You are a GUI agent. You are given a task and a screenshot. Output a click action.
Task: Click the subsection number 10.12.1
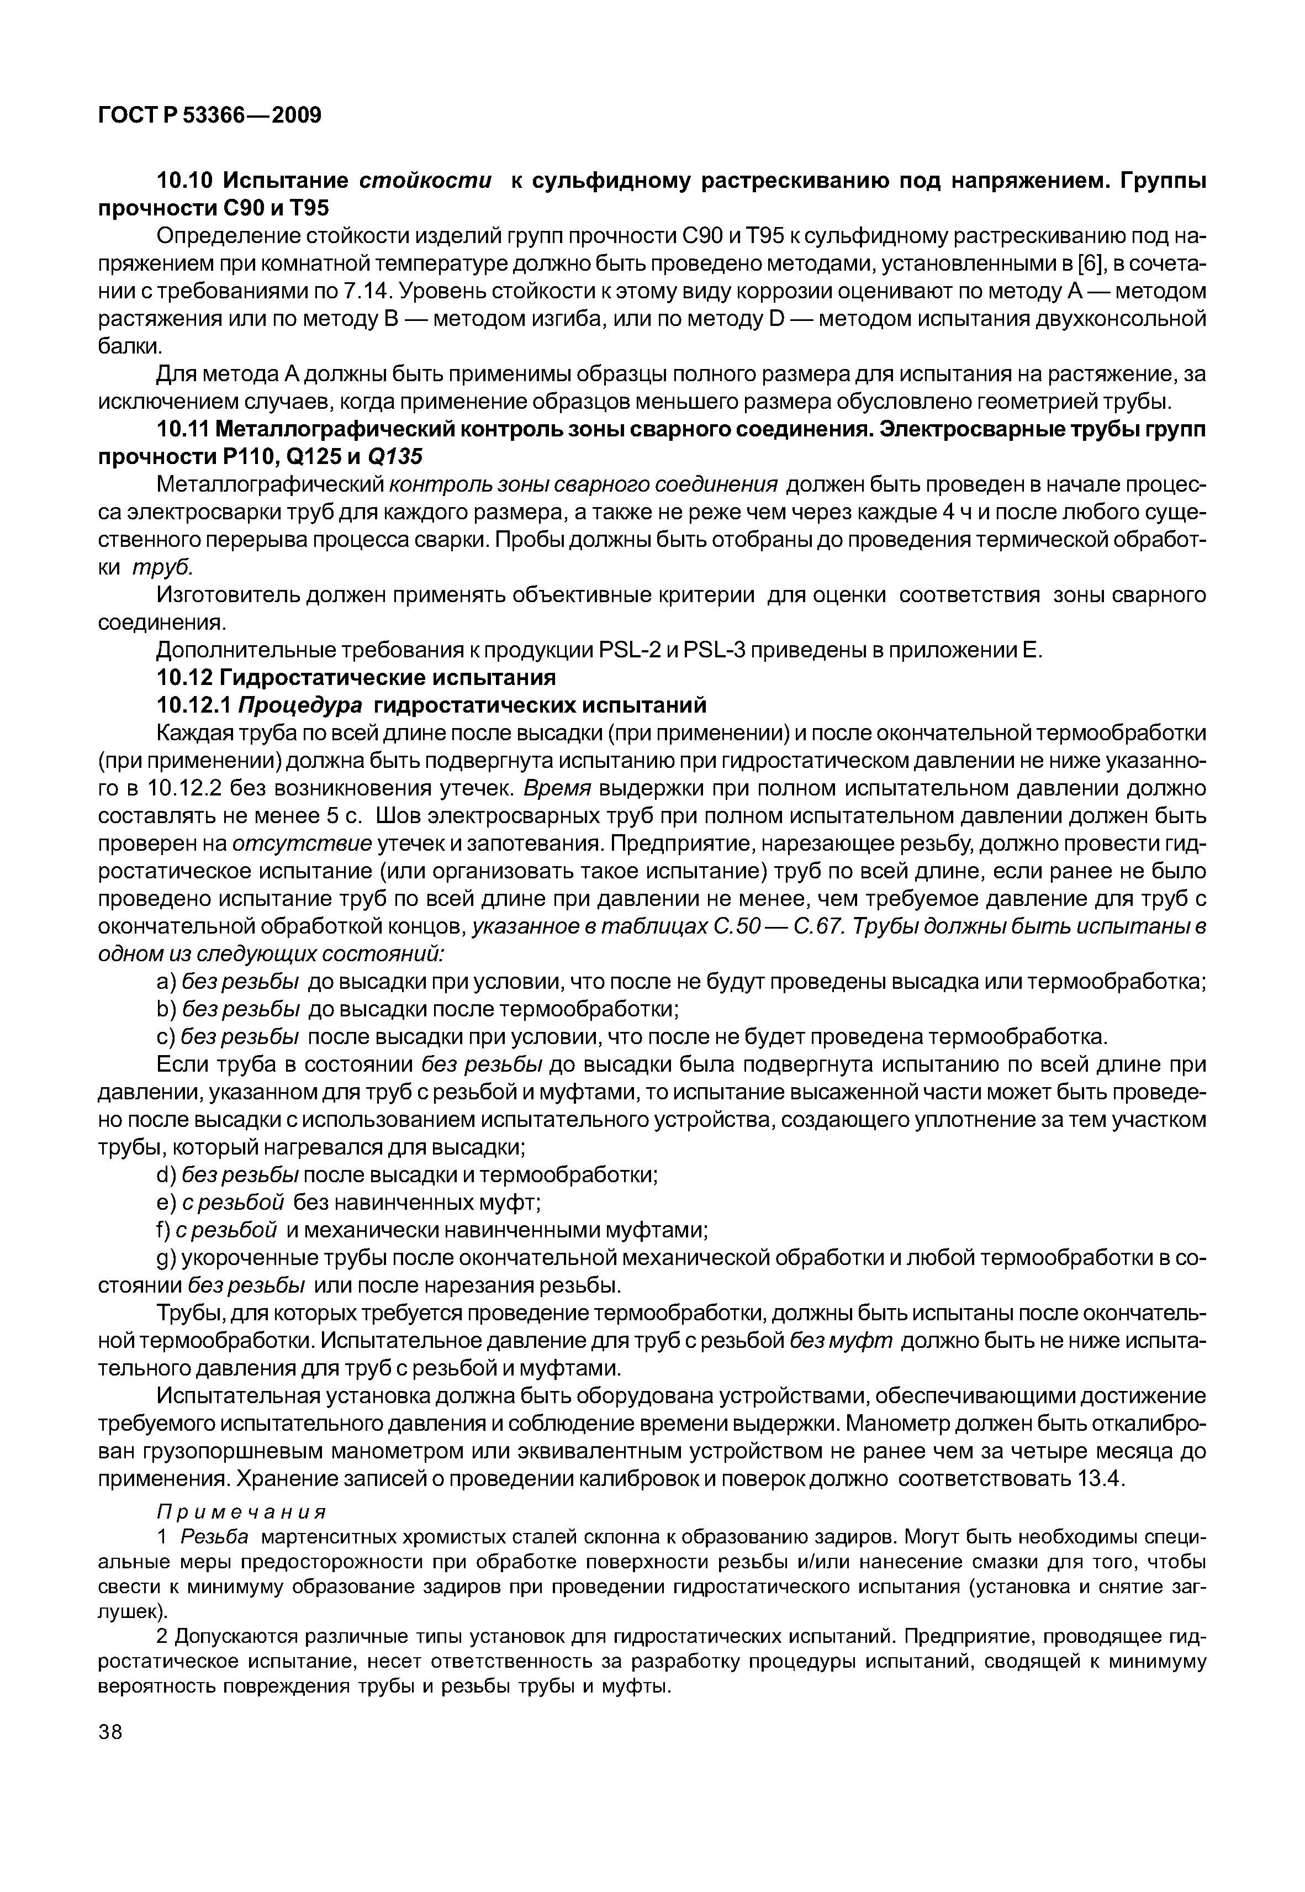[194, 705]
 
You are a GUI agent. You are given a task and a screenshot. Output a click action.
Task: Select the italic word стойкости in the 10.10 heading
[426, 181]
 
